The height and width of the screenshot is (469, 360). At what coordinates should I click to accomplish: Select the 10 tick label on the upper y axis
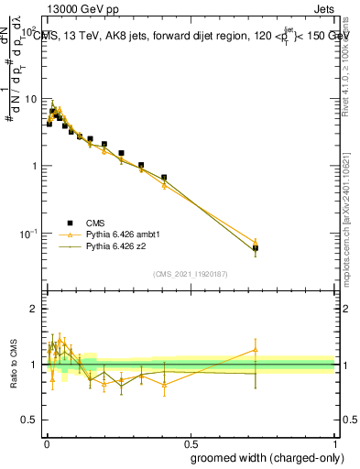coord(29,99)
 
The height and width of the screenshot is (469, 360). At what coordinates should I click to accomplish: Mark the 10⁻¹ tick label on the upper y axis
coord(27,234)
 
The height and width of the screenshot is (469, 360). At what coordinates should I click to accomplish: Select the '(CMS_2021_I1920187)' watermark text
coord(189,273)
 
